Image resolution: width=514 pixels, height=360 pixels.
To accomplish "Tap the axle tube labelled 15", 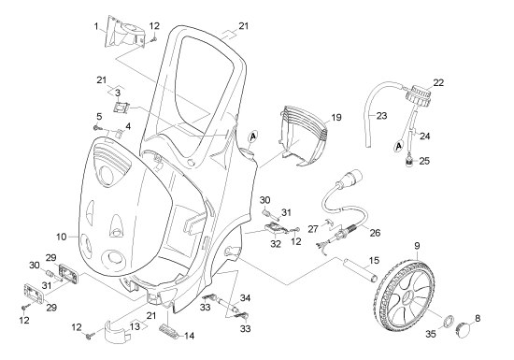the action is [360, 268].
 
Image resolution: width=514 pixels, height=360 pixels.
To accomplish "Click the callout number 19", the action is [336, 118].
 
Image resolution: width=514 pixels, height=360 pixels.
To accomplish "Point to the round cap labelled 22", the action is [419, 95].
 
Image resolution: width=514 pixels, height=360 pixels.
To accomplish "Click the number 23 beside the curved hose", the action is [381, 116].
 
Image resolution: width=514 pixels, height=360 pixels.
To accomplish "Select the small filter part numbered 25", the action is [409, 162].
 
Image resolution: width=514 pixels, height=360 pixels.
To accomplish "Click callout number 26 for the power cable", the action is [375, 233].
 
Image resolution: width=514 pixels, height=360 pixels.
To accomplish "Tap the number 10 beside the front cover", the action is [62, 237].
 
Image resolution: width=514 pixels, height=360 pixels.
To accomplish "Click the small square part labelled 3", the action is [121, 108].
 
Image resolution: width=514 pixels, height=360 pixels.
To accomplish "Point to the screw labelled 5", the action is [97, 127].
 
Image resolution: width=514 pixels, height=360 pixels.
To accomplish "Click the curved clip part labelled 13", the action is [117, 332].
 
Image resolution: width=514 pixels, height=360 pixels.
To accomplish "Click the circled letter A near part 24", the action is [398, 146].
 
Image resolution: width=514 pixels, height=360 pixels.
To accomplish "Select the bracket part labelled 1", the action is [125, 33].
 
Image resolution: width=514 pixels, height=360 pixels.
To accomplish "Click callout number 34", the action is [245, 298].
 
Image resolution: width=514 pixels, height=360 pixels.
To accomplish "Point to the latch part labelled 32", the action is [275, 228].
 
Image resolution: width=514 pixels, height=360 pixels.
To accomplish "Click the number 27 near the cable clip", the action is [313, 228].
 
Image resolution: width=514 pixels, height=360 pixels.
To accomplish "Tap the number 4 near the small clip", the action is [128, 126].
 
